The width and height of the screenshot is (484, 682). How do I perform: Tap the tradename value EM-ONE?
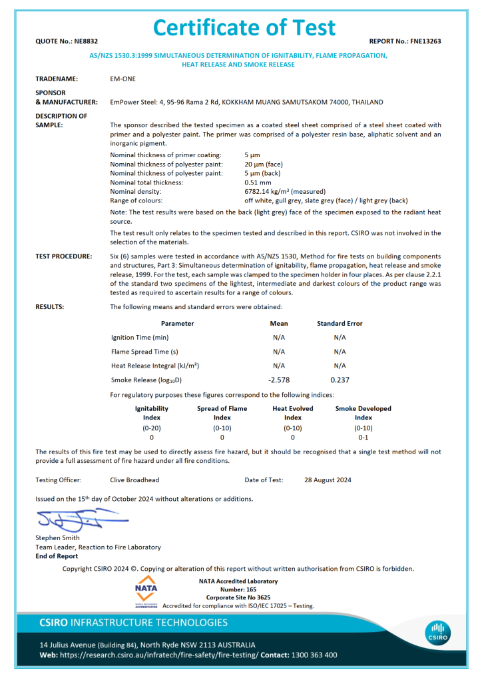click(122, 79)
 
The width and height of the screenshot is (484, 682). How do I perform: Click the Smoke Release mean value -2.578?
click(279, 380)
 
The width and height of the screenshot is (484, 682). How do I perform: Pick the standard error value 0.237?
click(340, 380)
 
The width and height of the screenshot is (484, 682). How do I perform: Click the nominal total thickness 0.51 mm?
click(258, 182)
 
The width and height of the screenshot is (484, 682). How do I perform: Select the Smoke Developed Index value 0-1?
click(363, 437)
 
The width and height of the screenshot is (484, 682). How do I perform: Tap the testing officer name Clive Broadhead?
click(134, 480)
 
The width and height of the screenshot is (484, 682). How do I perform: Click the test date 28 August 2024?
click(328, 480)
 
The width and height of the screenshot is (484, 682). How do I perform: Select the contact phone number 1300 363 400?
click(314, 655)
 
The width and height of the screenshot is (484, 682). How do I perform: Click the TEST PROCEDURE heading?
click(64, 256)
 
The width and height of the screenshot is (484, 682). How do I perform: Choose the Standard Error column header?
click(340, 323)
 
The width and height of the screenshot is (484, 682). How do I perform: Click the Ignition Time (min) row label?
click(140, 337)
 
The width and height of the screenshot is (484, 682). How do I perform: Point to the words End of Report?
click(57, 556)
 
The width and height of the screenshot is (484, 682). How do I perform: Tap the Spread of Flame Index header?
click(222, 413)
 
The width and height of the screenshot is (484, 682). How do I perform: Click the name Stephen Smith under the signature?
click(57, 537)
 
